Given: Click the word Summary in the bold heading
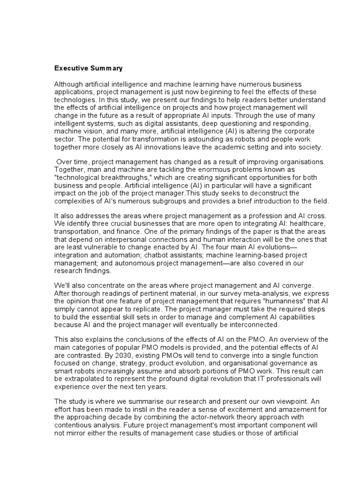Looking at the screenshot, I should tap(105, 68).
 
